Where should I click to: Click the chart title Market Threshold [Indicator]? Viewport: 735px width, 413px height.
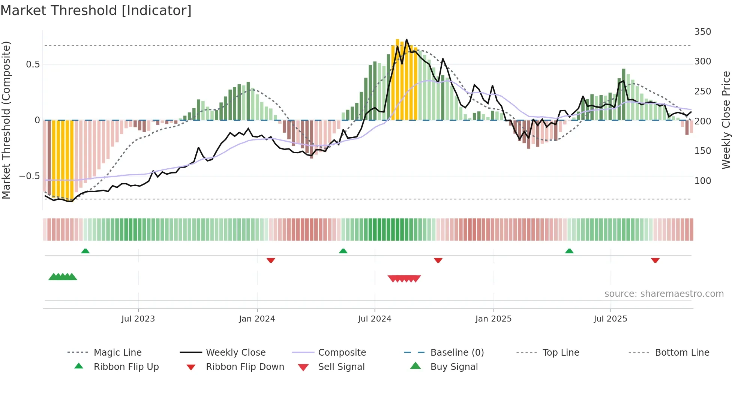pyautogui.click(x=96, y=10)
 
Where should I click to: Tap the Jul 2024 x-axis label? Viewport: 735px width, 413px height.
pyautogui.click(x=374, y=319)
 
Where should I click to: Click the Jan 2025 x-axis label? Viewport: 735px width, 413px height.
pyautogui.click(x=493, y=319)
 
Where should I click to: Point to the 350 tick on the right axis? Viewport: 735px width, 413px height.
pyautogui.click(x=702, y=32)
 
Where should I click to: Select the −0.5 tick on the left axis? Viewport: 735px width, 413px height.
pyautogui.click(x=29, y=176)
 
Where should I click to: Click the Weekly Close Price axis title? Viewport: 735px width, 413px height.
pyautogui.click(x=726, y=120)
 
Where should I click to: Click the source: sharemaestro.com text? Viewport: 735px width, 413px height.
pyautogui.click(x=664, y=294)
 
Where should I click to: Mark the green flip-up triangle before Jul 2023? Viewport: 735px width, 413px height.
pyautogui.click(x=85, y=251)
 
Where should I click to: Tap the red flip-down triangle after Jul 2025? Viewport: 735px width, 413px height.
pyautogui.click(x=655, y=260)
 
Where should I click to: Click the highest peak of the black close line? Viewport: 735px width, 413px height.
pyautogui.click(x=406, y=39)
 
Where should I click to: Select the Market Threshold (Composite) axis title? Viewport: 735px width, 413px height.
pyautogui.click(x=6, y=120)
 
